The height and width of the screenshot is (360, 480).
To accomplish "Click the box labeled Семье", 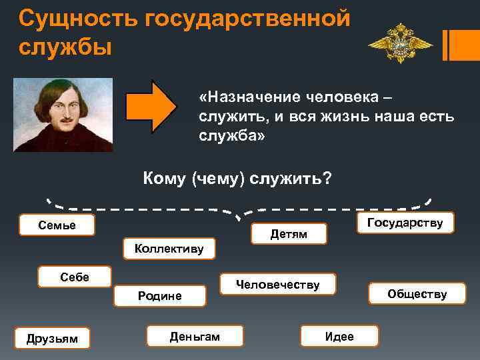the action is tap(57, 225).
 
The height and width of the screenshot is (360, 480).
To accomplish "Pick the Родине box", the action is tap(159, 295).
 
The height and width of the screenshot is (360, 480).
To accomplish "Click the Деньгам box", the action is tap(195, 337).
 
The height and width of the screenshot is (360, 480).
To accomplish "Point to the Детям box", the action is tap(289, 234).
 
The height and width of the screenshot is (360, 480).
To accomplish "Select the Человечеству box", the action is tap(278, 285).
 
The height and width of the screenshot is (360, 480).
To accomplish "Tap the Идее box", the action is tap(339, 337).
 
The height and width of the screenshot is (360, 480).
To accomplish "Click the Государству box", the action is tap(405, 223).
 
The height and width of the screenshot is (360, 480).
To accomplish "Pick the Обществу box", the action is tap(417, 294).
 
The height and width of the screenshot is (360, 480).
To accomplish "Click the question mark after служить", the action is tap(327, 179).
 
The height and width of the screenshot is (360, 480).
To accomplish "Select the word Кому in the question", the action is tap(164, 179).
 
